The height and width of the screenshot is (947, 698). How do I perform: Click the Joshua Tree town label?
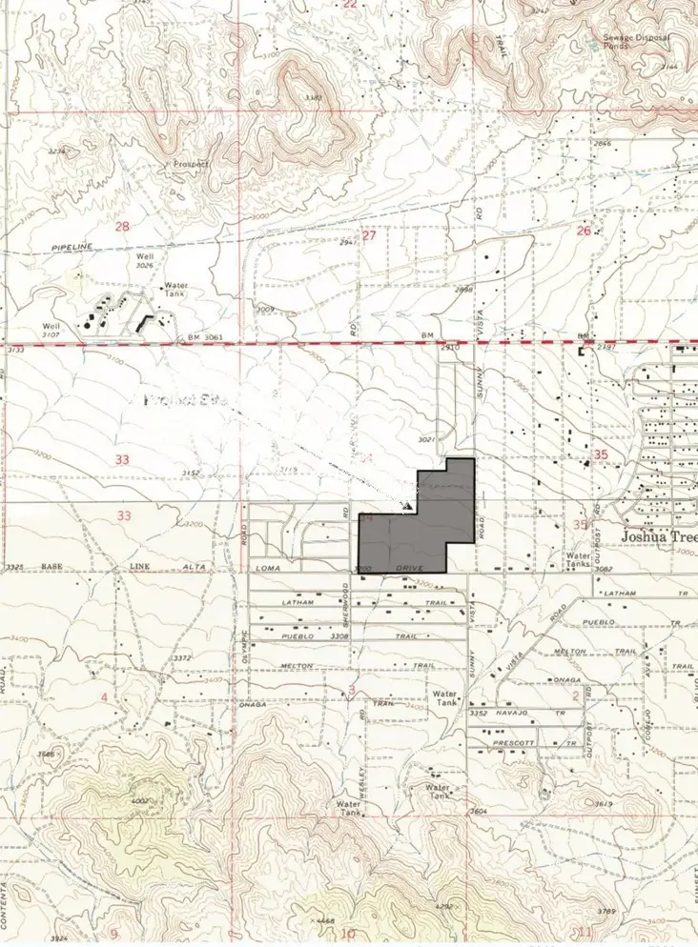coord(658,535)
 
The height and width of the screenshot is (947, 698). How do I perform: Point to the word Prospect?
coord(191,164)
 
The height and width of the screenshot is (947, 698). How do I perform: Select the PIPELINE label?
coord(72,247)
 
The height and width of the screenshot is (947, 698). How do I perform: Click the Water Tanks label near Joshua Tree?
coord(578,559)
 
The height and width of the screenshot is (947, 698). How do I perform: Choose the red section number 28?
coord(122,226)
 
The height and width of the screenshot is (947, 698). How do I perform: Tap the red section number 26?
coord(584,231)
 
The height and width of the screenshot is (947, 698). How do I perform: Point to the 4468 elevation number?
coord(325,921)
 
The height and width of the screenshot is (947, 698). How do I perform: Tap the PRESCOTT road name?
coord(523,742)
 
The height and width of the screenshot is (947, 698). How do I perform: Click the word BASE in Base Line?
coord(51,567)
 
